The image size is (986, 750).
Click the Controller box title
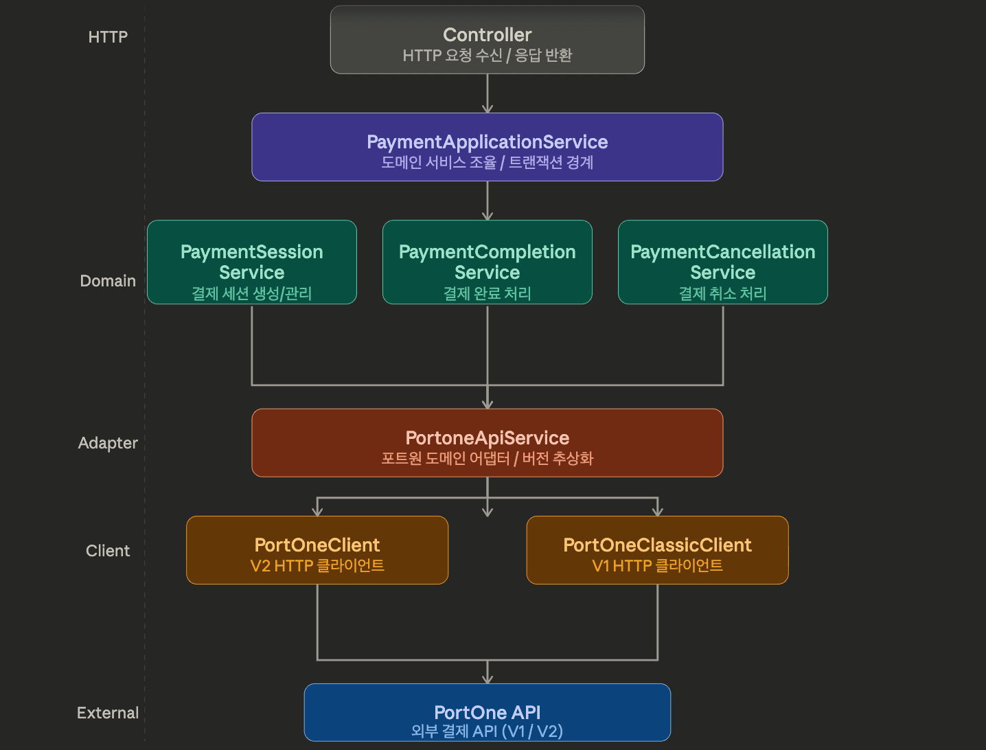click(x=487, y=34)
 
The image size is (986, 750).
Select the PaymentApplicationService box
click(x=487, y=147)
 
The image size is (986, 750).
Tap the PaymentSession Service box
click(x=251, y=262)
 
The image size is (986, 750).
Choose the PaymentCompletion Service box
click(x=487, y=262)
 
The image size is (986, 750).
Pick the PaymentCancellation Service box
click(x=722, y=262)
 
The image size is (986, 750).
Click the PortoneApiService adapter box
click(x=487, y=443)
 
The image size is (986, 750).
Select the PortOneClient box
click(x=317, y=550)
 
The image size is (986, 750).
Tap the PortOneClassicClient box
click(x=657, y=550)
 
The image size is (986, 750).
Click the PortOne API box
click(x=487, y=712)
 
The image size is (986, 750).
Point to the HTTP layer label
click(x=108, y=37)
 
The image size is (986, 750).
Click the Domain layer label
click(x=108, y=281)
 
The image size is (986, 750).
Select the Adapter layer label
click(x=108, y=443)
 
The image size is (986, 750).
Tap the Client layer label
click(x=108, y=551)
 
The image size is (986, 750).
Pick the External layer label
click(x=108, y=713)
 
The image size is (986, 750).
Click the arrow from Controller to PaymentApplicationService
click(x=488, y=93)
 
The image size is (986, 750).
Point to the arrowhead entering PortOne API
click(x=488, y=679)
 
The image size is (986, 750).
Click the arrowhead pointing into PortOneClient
click(x=317, y=511)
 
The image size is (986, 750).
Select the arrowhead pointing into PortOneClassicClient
click(x=658, y=511)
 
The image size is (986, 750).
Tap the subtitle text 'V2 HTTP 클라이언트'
click(x=317, y=566)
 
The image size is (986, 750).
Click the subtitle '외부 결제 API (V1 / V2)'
click(x=487, y=731)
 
